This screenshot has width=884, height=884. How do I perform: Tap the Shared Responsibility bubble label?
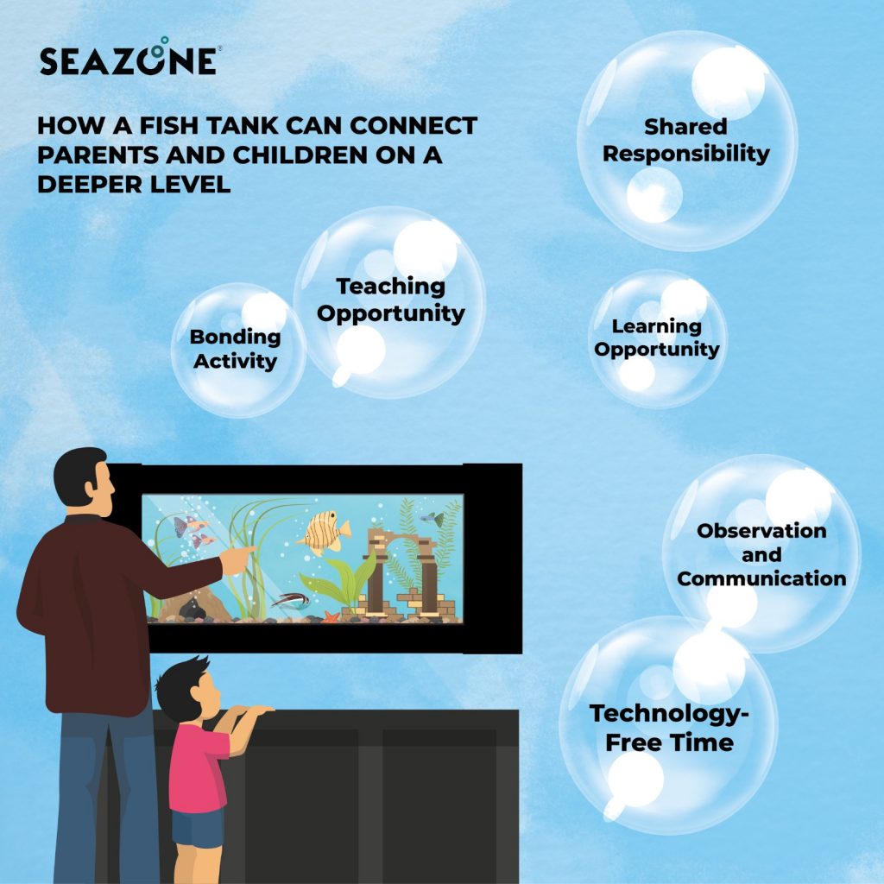point(685,141)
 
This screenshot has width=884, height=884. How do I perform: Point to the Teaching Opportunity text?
point(391,299)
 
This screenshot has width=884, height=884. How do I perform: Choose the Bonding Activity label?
point(235,349)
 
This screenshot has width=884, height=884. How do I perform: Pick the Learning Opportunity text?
point(657,338)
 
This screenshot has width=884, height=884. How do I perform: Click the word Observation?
point(761,530)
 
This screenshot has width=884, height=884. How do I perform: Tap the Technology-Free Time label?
point(669,728)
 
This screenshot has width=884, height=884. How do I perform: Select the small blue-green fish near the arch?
point(433,519)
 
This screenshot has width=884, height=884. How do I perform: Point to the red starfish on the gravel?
point(331,616)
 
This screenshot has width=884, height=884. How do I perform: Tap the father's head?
point(83,482)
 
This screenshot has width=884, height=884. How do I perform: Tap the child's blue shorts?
point(197,828)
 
